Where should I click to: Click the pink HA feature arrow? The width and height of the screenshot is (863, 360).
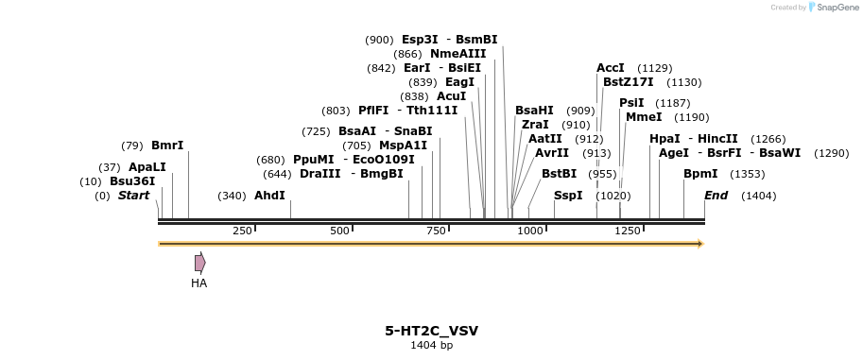pyautogui.click(x=199, y=263)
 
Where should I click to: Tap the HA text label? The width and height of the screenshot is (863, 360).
pyautogui.click(x=198, y=283)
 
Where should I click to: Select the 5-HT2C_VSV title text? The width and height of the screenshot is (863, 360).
pyautogui.click(x=431, y=331)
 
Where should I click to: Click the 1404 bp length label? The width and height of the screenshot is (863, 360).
pyautogui.click(x=431, y=346)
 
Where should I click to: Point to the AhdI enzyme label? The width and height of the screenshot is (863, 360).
pyautogui.click(x=269, y=196)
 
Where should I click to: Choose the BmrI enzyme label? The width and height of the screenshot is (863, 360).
pyautogui.click(x=167, y=146)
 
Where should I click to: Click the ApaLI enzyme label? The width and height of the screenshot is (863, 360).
pyautogui.click(x=147, y=167)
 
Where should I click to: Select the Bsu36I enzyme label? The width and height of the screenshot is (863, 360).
pyautogui.click(x=132, y=181)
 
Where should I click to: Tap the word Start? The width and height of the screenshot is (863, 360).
pyautogui.click(x=133, y=196)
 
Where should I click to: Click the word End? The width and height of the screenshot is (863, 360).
pyautogui.click(x=716, y=196)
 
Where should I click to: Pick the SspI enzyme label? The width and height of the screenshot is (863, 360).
pyautogui.click(x=568, y=196)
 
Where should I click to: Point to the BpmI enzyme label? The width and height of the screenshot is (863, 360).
pyautogui.click(x=700, y=174)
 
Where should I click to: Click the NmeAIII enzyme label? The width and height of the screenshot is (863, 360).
pyautogui.click(x=457, y=54)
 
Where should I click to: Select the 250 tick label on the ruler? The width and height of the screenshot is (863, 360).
pyautogui.click(x=242, y=231)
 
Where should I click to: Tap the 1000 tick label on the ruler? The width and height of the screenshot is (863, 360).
pyautogui.click(x=530, y=231)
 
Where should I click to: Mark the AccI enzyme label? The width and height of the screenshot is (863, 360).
pyautogui.click(x=611, y=68)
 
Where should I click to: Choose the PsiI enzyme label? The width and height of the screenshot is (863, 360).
pyautogui.click(x=631, y=103)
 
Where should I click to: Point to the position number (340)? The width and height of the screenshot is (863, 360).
pyautogui.click(x=232, y=196)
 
